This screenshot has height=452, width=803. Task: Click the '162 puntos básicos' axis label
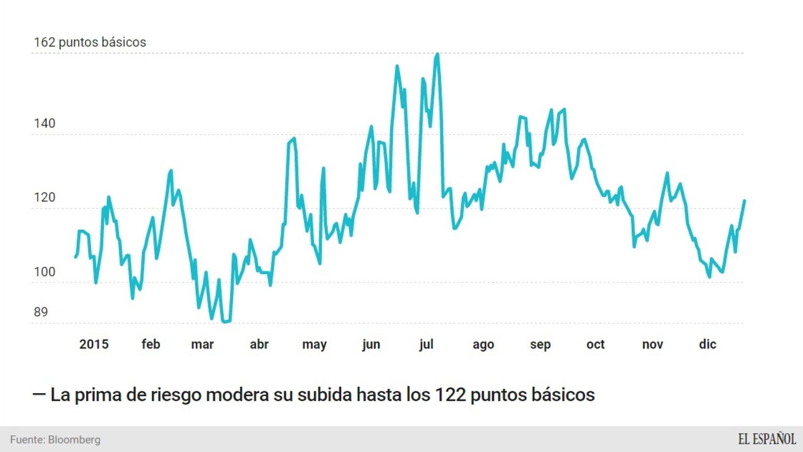(x=90, y=42)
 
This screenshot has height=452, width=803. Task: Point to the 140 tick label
(x=45, y=124)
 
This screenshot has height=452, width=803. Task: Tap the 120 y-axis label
(x=45, y=198)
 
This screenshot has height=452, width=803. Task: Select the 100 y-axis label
(x=45, y=272)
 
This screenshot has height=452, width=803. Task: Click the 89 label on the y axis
(x=41, y=312)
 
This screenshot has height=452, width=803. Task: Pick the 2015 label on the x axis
(x=94, y=345)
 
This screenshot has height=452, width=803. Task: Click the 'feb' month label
(x=151, y=345)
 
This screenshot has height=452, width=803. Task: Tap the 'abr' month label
(x=259, y=345)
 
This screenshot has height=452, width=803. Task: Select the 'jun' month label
(x=371, y=345)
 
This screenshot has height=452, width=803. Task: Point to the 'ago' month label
(x=483, y=345)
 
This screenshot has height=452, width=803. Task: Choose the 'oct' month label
(x=595, y=345)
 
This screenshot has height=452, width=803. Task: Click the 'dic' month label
(x=707, y=345)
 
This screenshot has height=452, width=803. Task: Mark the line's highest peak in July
(x=437, y=55)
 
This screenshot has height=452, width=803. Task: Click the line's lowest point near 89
(x=225, y=322)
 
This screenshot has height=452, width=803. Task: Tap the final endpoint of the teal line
(x=745, y=201)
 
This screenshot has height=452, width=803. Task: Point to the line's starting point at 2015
(x=76, y=257)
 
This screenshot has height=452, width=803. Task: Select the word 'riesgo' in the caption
(x=176, y=395)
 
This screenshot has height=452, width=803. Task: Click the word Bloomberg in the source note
(x=74, y=440)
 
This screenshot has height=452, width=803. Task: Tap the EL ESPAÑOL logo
(x=767, y=439)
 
